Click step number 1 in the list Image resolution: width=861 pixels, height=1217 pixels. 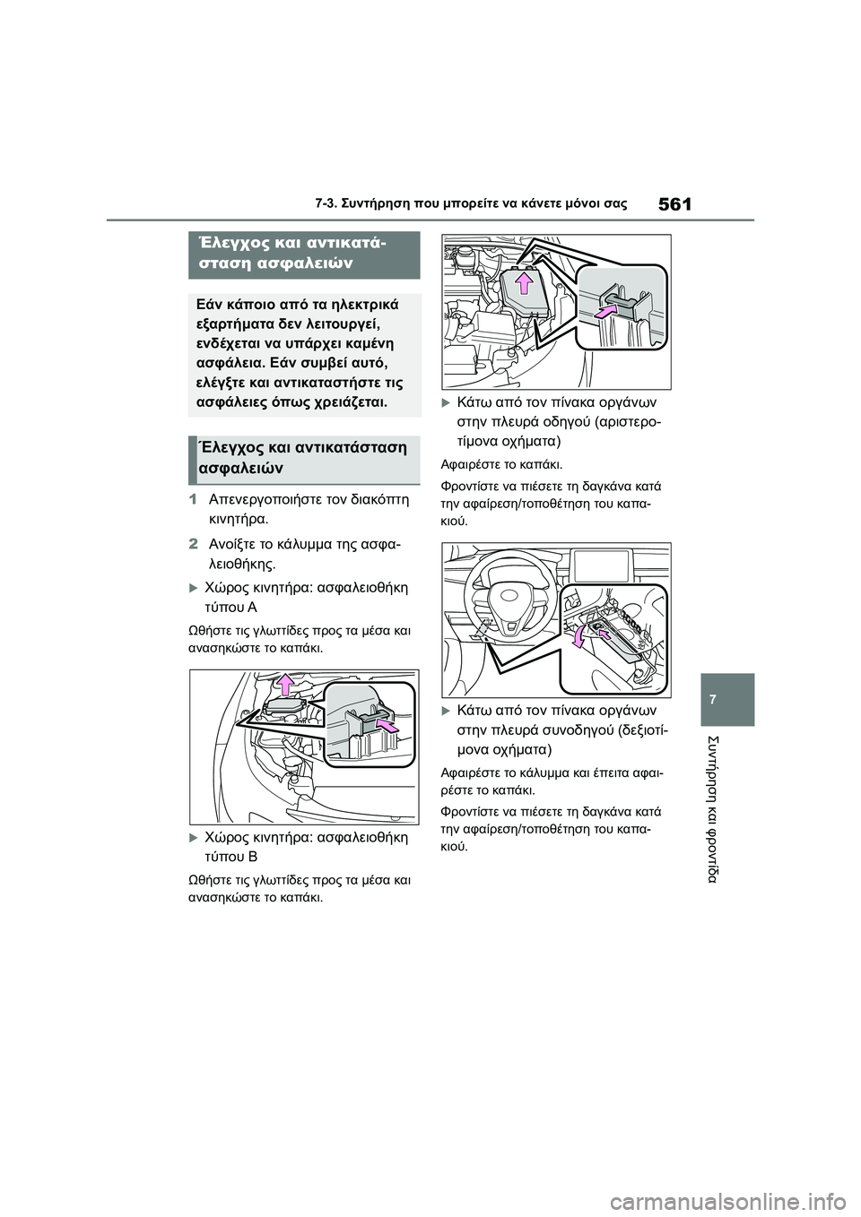click(193, 499)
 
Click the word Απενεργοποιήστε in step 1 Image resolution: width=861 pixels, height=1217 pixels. click(265, 499)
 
